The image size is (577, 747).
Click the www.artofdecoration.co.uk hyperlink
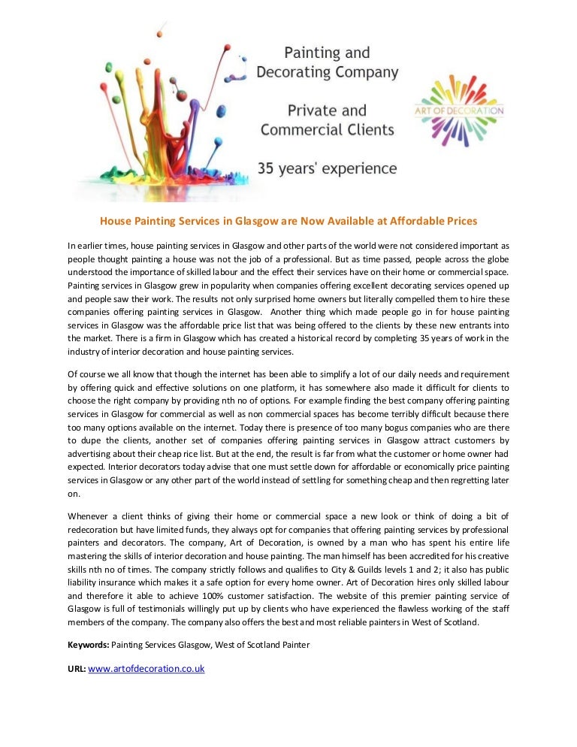(147, 668)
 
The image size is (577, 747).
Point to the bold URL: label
(77, 668)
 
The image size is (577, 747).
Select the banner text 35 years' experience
(328, 168)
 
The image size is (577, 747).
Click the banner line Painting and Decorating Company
(328, 62)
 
